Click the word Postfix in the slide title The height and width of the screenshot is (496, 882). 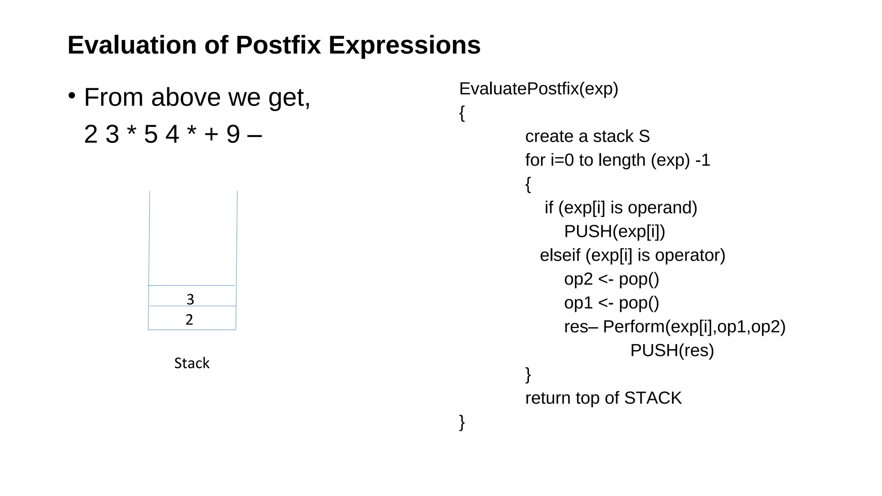point(278,45)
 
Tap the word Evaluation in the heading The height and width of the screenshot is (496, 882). point(132,45)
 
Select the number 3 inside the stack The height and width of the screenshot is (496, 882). point(190,299)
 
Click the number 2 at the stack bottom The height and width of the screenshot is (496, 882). point(189,319)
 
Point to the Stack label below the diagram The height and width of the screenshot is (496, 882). point(192,363)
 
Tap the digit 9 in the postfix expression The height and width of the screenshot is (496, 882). point(233,134)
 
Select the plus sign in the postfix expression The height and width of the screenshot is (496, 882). point(211,134)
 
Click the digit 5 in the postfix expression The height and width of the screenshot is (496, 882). point(151,134)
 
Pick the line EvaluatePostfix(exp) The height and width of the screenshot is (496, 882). point(538,89)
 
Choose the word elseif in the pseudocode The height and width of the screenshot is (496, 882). point(560,255)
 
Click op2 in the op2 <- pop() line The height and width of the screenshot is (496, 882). point(578,279)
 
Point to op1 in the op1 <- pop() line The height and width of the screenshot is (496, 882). point(578,303)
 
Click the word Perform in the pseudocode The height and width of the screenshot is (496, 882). point(634,327)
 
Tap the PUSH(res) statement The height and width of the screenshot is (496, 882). point(672,350)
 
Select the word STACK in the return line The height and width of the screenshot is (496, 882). point(652,398)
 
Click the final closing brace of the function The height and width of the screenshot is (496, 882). point(462,422)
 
